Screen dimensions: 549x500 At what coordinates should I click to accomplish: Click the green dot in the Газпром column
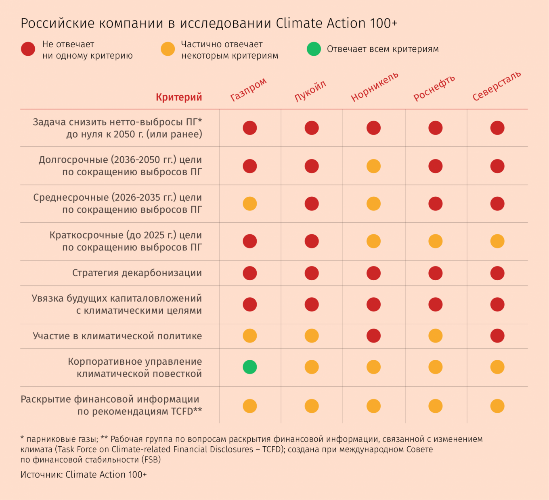pyautogui.click(x=249, y=367)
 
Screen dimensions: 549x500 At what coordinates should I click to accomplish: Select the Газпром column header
pyautogui.click(x=248, y=90)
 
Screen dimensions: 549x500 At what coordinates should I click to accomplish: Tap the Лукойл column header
pyautogui.click(x=310, y=91)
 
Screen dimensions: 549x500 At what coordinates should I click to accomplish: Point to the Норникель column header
pyautogui.click(x=374, y=87)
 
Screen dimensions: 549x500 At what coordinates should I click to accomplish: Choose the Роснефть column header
pyautogui.click(x=434, y=88)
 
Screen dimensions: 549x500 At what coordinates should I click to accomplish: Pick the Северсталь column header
pyautogui.click(x=497, y=86)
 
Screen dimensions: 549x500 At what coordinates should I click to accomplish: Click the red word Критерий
pyautogui.click(x=179, y=97)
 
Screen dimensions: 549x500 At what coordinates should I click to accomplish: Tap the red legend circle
pyautogui.click(x=28, y=49)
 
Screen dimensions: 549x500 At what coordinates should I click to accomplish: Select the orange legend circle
pyautogui.click(x=168, y=49)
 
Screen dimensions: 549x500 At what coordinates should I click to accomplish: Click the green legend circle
pyautogui.click(x=314, y=49)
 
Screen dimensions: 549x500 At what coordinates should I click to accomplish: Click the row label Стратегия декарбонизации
pyautogui.click(x=137, y=273)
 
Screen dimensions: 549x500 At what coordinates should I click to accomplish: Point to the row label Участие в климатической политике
pyautogui.click(x=117, y=336)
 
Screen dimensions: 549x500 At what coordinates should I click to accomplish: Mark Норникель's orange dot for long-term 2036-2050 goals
pyautogui.click(x=373, y=166)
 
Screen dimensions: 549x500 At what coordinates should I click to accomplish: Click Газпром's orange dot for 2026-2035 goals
pyautogui.click(x=249, y=204)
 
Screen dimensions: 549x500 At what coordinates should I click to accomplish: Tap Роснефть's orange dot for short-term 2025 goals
pyautogui.click(x=435, y=241)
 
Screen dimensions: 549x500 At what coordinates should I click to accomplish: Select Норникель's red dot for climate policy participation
pyautogui.click(x=373, y=336)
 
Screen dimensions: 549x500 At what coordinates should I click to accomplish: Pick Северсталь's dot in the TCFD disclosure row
pyautogui.click(x=497, y=406)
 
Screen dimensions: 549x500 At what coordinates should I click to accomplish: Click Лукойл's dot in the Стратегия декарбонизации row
pyautogui.click(x=312, y=273)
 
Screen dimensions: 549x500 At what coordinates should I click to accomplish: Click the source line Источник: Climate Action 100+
pyautogui.click(x=84, y=475)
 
